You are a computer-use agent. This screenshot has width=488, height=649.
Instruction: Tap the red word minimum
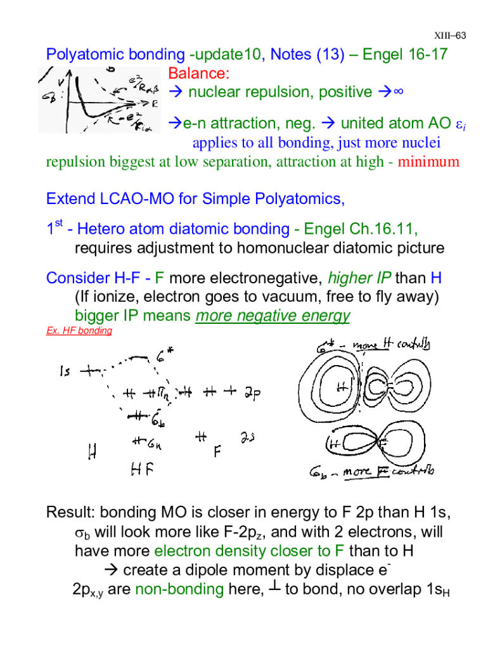[x=428, y=162]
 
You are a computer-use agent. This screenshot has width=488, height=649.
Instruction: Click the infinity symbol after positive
[x=398, y=93]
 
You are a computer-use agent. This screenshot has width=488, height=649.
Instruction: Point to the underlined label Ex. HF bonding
[x=79, y=331]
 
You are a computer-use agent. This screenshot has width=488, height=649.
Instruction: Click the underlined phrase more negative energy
[x=273, y=316]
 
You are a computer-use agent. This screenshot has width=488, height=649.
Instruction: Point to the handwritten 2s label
[x=248, y=438]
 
